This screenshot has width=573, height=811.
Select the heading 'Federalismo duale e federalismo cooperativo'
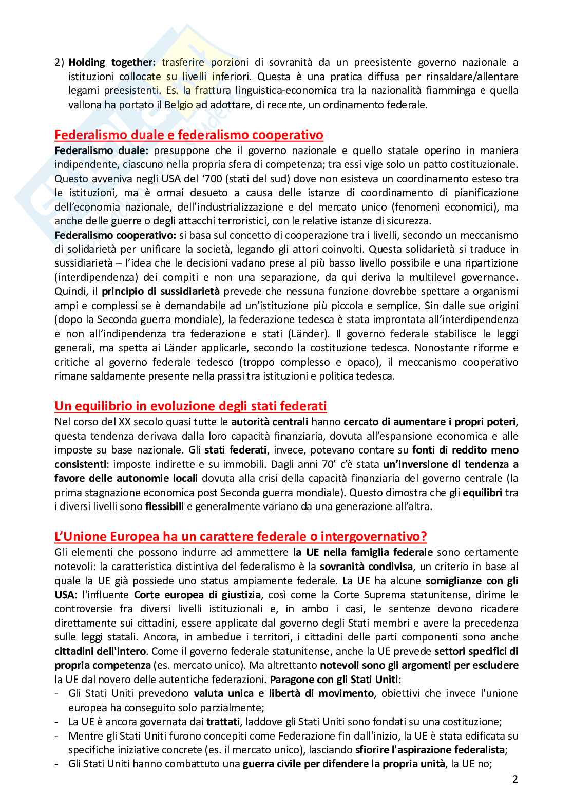[189, 135]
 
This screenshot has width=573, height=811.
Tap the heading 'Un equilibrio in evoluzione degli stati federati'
[190, 406]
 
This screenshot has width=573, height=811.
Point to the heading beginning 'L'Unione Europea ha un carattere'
[241, 537]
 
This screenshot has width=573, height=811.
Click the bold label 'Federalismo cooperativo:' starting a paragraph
[116, 235]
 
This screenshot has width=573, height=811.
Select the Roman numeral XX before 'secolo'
[124, 422]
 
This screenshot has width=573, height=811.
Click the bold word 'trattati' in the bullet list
[222, 722]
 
